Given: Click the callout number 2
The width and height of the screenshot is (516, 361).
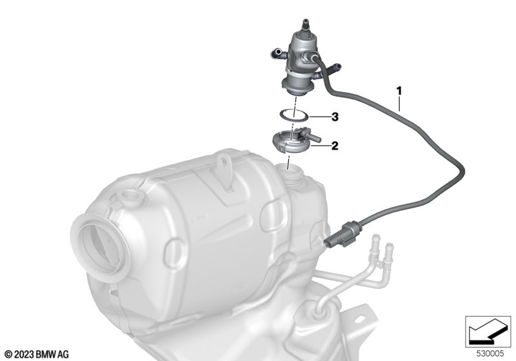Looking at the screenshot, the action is click(335, 145).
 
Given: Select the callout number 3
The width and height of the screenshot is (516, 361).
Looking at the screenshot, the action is click(335, 117).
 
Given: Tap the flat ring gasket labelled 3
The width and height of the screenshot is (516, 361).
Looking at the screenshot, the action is click(293, 116).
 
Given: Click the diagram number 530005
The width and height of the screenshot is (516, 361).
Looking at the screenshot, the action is click(490, 354).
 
